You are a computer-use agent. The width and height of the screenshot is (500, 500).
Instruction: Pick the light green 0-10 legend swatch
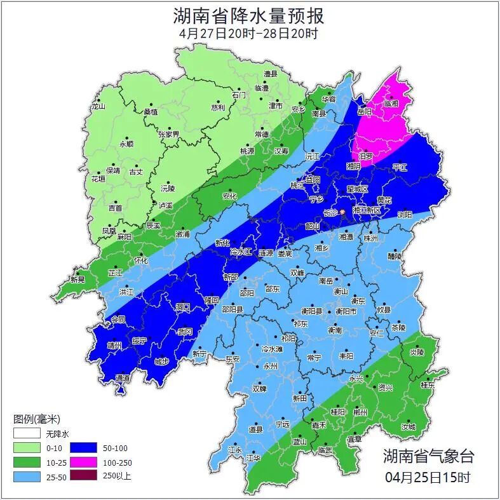tap(26, 449)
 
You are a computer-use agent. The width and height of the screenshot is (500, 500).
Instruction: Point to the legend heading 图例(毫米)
tap(36, 419)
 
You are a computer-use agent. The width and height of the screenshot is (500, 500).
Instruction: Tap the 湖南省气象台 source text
tap(428, 456)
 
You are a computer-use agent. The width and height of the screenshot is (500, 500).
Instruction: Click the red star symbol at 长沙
tap(343, 212)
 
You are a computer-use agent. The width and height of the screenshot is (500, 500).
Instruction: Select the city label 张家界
tap(169, 134)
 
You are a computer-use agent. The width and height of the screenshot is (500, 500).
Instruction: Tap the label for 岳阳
tap(365, 112)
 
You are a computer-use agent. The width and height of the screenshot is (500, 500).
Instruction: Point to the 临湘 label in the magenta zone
tap(391, 103)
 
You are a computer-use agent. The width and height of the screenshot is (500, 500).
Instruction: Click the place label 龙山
tap(98, 107)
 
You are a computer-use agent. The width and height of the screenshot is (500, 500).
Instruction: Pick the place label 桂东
tap(428, 385)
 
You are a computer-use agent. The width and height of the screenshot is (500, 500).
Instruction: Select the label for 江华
tap(253, 457)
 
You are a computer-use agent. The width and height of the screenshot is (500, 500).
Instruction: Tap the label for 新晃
tap(78, 280)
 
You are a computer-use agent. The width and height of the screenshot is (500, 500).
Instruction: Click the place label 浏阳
tap(405, 215)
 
